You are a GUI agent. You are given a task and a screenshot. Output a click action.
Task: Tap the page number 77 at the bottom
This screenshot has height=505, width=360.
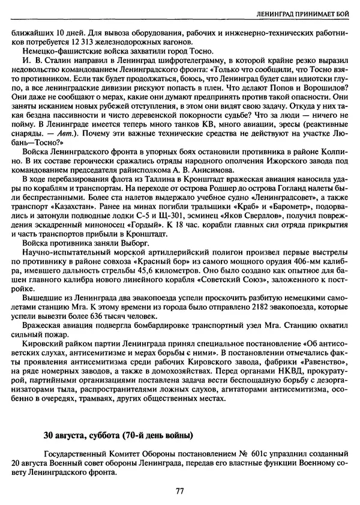pos(179,491)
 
